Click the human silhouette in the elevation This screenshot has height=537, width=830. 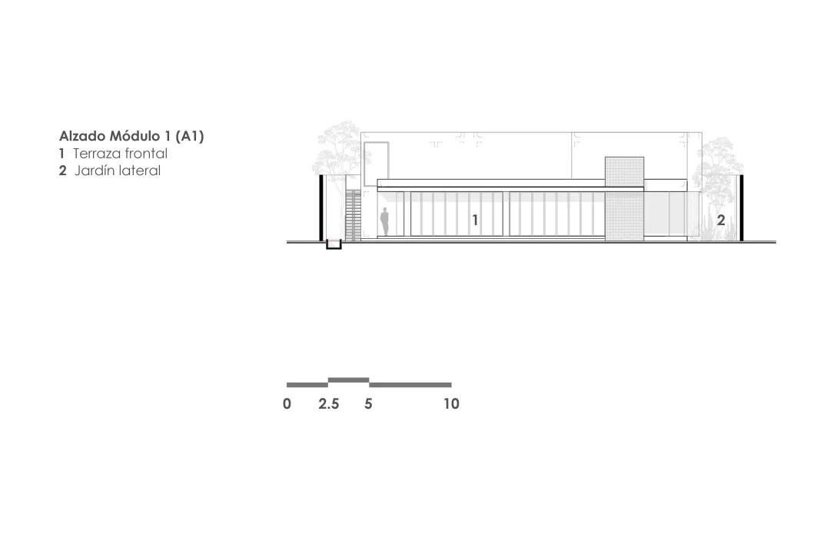384,222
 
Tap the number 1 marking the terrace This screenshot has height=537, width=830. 476,220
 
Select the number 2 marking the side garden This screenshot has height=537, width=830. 720,220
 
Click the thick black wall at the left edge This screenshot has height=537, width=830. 320,208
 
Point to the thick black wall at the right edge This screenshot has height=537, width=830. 742,208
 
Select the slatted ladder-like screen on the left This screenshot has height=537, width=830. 353,215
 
